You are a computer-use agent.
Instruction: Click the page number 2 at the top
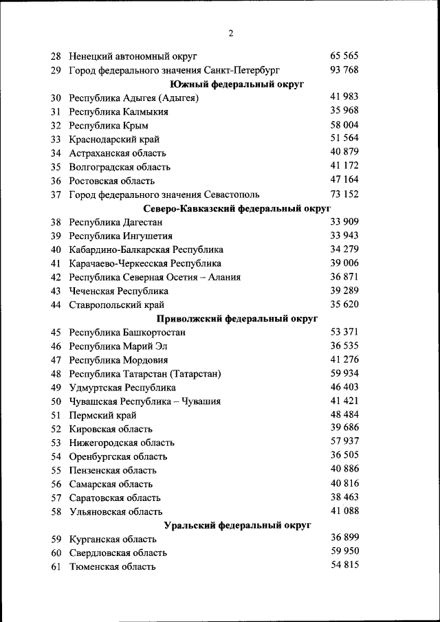coord(231,34)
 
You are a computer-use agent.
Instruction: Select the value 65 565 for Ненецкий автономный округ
coord(344,56)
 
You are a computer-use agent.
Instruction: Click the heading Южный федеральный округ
coord(237,84)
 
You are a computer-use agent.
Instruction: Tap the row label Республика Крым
coord(108,126)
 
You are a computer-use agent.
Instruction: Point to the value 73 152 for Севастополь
coord(344,194)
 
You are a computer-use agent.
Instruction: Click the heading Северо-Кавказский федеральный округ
coord(237,208)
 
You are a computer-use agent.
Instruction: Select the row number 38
coord(56,223)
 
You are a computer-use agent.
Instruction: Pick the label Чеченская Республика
coord(118,291)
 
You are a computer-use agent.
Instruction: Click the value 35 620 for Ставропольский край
coord(344,304)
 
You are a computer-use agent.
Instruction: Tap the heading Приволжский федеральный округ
coord(237,319)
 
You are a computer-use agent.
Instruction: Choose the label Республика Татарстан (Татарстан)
coord(144,374)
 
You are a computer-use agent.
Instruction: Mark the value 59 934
coord(344,373)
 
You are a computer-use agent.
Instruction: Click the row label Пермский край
coord(102,415)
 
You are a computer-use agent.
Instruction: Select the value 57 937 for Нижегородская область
coord(344,442)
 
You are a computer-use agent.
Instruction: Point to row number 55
coord(56,471)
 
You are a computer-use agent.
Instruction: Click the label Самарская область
coord(112,485)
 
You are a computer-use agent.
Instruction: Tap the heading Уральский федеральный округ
coord(237,526)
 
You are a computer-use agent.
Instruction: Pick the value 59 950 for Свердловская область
coord(344,552)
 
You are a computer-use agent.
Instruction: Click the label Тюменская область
coord(112,567)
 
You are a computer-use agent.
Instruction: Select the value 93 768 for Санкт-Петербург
coord(344,69)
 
